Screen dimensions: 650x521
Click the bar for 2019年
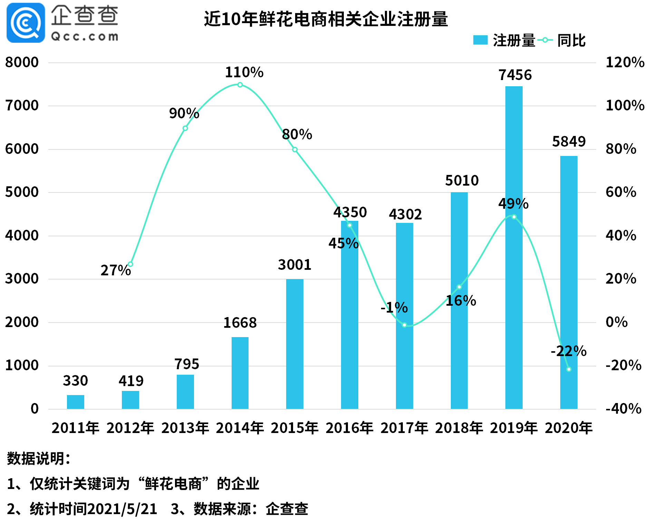[x=514, y=247]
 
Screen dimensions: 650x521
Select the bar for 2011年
[x=75, y=402]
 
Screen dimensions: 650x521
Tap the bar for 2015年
[x=295, y=344]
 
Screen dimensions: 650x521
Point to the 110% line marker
[x=240, y=85]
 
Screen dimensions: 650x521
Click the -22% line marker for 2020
[x=569, y=369]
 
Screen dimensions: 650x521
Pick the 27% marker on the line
[x=130, y=264]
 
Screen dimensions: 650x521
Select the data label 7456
[x=515, y=75]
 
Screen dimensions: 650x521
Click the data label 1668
[x=240, y=323]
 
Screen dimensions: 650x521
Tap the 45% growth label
[x=343, y=243]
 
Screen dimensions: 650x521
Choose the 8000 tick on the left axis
[x=21, y=62]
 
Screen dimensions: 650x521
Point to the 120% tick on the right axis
[x=625, y=62]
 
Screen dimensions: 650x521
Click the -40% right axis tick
[x=623, y=409]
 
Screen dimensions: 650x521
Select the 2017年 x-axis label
[x=404, y=428]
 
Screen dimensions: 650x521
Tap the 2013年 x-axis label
[x=185, y=428]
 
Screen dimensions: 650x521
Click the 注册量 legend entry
[x=504, y=40]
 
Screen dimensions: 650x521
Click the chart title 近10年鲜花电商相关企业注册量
[x=326, y=19]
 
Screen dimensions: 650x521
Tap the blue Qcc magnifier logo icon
[x=26, y=23]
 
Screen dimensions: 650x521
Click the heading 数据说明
[x=39, y=459]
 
